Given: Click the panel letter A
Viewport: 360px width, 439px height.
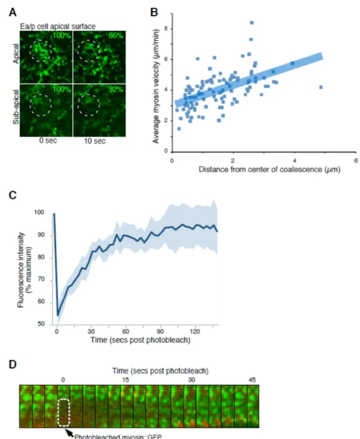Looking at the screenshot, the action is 12,12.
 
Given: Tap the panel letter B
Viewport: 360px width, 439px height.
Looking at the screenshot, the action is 154,12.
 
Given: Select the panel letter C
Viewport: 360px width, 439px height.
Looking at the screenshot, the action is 12,195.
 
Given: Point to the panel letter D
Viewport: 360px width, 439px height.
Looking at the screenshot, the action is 12,364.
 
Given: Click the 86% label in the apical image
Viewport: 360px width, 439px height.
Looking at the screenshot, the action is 116,35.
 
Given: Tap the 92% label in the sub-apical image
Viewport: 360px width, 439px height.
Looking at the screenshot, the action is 116,89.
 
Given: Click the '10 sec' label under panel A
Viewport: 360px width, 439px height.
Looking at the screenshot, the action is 95,141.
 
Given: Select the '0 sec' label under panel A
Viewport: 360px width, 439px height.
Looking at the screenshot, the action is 48,140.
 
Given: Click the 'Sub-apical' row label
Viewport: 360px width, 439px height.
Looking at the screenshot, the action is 16,107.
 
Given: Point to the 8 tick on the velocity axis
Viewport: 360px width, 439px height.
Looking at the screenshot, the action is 166,29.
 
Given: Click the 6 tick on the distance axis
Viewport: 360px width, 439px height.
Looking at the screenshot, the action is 356,161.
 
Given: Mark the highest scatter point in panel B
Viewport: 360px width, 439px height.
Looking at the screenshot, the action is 251,23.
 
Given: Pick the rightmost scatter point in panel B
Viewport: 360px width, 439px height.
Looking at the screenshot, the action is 321,87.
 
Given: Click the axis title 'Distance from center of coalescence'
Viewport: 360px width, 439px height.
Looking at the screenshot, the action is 261,169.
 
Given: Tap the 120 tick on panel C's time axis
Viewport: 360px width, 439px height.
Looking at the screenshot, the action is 195,332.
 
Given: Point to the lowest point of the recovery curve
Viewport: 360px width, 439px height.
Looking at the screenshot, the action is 58,315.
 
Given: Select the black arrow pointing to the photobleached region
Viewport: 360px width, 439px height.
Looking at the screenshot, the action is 69,433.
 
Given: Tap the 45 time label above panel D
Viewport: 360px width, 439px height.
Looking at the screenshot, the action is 252,380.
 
